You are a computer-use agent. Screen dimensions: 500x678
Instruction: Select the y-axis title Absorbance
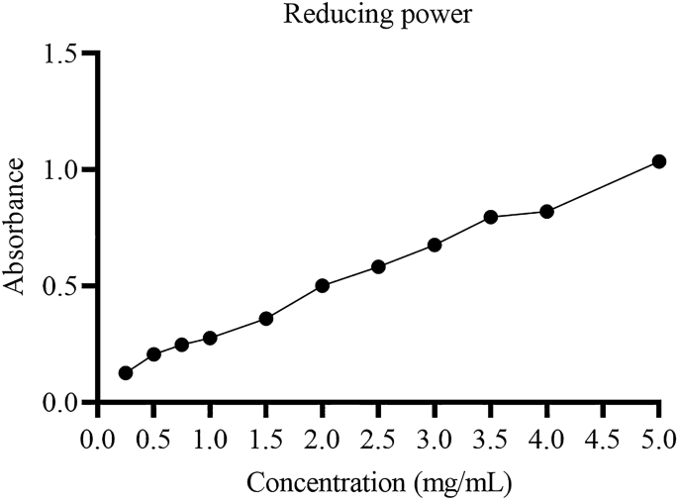pyautogui.click(x=16, y=229)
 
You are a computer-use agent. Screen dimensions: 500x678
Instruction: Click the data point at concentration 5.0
pyautogui.click(x=659, y=161)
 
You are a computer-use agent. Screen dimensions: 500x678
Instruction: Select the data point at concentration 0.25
pyautogui.click(x=126, y=373)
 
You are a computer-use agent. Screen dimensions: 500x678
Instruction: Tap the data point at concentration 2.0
pyautogui.click(x=322, y=285)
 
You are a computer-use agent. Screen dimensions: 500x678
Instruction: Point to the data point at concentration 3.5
pyautogui.click(x=491, y=217)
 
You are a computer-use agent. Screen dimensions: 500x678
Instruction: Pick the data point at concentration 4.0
pyautogui.click(x=546, y=211)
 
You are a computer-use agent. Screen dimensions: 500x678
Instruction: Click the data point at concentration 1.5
pyautogui.click(x=266, y=319)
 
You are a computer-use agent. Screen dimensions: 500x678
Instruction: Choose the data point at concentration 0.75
pyautogui.click(x=182, y=345)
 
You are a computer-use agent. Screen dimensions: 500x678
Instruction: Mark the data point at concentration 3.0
pyautogui.click(x=435, y=245)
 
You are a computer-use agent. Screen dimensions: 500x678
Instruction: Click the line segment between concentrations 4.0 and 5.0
pyautogui.click(x=603, y=186)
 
